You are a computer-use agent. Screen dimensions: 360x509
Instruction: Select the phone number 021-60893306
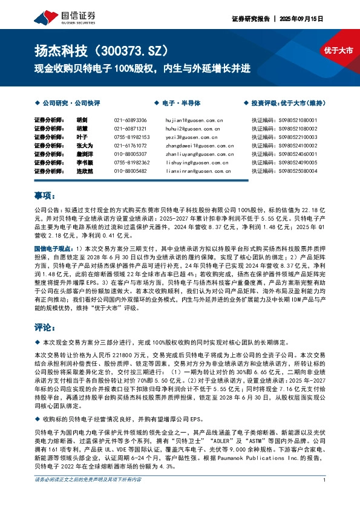[130, 120]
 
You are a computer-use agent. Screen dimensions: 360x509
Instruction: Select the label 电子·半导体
[179, 103]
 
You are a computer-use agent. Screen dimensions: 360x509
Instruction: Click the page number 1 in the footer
[325, 497]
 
